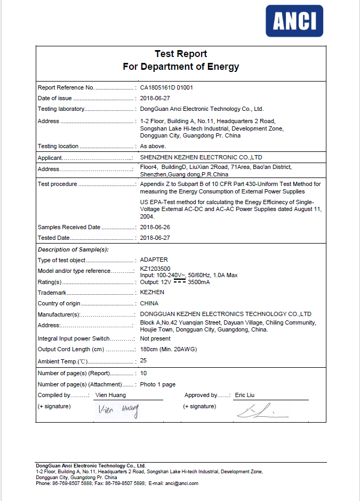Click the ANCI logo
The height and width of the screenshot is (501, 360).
tap(294, 21)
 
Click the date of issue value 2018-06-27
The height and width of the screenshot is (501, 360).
tap(155, 99)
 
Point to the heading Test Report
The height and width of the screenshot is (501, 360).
tap(181, 54)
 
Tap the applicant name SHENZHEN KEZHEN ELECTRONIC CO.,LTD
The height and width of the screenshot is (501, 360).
tap(201, 158)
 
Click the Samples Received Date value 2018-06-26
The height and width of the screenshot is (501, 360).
tap(155, 227)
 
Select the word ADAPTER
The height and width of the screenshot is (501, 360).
tap(154, 260)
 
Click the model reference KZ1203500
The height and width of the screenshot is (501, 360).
tap(155, 269)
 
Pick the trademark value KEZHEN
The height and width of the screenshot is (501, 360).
tap(152, 293)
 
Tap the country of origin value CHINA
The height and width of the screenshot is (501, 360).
tap(150, 303)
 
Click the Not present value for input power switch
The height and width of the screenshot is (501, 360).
tap(155, 338)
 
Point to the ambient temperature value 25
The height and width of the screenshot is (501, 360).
tap(143, 361)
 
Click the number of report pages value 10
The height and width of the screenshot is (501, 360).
tap(143, 374)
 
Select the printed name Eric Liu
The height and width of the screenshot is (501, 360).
tap(245, 395)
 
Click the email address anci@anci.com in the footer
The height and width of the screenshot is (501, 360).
tap(182, 483)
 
